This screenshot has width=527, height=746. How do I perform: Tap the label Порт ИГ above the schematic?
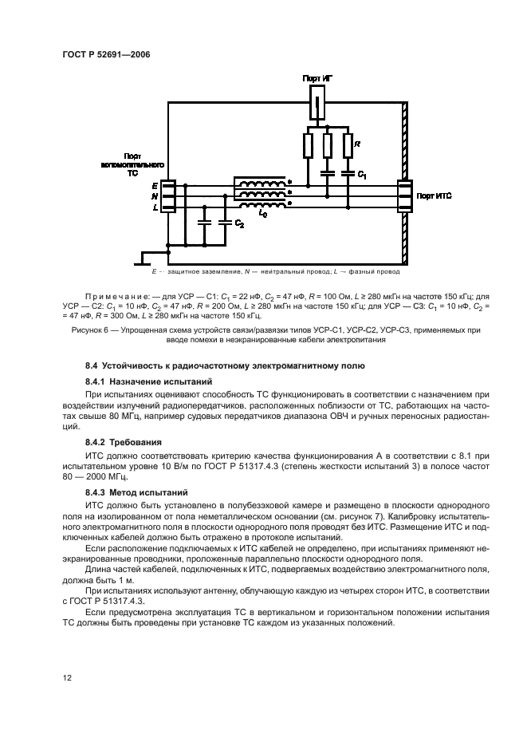pos(318,79)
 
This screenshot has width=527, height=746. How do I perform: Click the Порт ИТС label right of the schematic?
pos(435,195)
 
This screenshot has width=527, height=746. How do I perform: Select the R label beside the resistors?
pos(357,144)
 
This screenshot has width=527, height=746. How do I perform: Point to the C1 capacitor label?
pos(360,173)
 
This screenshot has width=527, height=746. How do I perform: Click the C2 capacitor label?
pos(238,225)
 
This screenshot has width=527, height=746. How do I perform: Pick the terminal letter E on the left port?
pos(154,184)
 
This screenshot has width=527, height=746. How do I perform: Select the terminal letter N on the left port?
pos(154,195)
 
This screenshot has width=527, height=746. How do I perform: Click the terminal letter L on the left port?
pos(154,207)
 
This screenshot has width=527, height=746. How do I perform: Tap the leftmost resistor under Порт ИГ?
pos(308,146)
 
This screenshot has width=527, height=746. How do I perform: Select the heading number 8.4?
pos(93,366)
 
